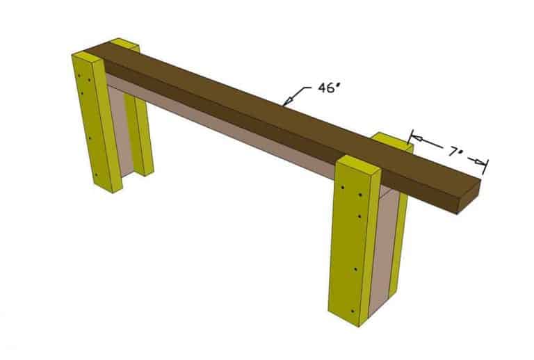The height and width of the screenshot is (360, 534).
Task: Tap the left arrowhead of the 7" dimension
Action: tap(416, 139)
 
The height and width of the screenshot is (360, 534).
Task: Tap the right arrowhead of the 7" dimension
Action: tap(480, 163)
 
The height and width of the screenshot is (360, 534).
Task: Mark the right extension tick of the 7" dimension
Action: tap(485, 166)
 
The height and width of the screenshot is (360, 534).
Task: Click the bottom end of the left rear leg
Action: tap(145, 172)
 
